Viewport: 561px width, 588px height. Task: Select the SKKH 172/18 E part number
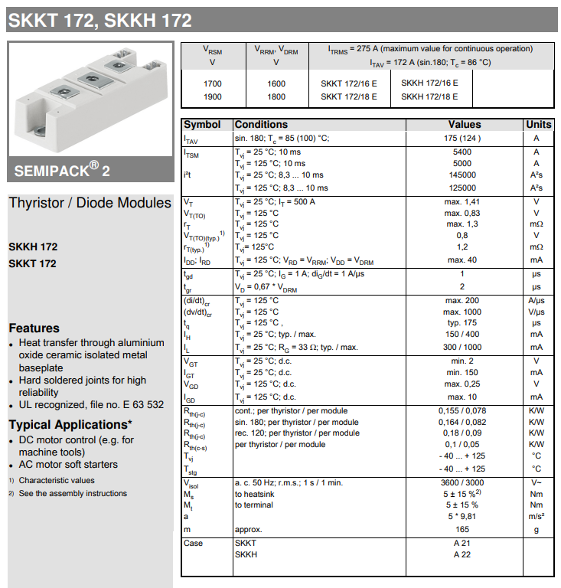point(429,96)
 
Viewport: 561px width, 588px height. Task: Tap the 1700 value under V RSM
point(213,82)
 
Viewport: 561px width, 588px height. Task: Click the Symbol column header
point(202,124)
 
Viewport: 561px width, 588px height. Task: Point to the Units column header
point(538,124)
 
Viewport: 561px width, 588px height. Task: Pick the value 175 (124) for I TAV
point(462,138)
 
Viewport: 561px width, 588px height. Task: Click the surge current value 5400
point(462,152)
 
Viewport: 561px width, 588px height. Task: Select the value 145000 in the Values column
point(462,175)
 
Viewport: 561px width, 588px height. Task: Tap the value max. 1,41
point(462,201)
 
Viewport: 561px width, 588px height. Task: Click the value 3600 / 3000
point(462,483)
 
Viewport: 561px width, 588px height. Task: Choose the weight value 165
point(462,529)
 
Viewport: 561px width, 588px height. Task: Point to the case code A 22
point(462,554)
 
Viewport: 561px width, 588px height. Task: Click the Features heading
point(34,328)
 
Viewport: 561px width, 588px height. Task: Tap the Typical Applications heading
point(70,424)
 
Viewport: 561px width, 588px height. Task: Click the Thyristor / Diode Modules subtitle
point(90,203)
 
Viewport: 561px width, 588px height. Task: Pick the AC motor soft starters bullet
point(68,464)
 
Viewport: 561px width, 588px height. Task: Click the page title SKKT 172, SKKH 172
point(99,20)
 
